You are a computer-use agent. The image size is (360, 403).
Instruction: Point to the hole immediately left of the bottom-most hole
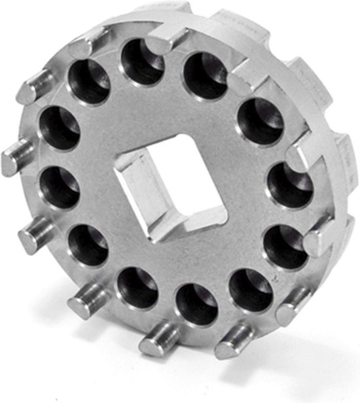point(137,288)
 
